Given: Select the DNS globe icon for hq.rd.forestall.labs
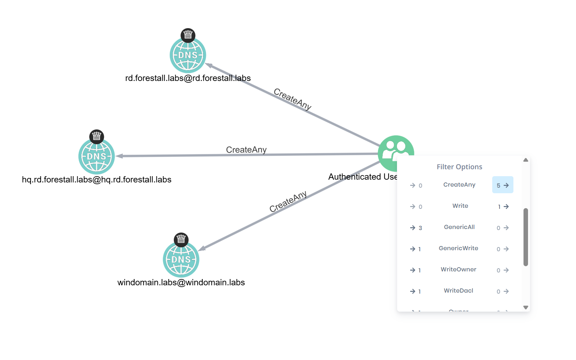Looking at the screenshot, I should (96, 156).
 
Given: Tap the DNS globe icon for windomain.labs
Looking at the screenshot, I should (181, 259).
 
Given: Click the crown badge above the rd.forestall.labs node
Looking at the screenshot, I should (188, 35).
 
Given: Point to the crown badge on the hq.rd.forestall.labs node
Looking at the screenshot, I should (97, 137).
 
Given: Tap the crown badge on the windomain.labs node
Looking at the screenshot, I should (181, 239).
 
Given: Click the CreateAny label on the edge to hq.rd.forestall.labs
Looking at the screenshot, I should (246, 150).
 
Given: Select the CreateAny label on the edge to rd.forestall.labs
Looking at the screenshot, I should (292, 99).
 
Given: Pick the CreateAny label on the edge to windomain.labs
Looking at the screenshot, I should (288, 201).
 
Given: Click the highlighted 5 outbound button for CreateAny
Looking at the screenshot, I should (503, 185).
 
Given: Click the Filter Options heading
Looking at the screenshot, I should (459, 167).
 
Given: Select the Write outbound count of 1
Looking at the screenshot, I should (503, 206).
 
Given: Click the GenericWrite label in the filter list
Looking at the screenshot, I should (458, 248).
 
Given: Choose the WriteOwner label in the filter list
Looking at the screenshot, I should (458, 269).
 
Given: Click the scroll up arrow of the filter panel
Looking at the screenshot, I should (526, 160).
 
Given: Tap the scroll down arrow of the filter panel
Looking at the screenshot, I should (526, 307).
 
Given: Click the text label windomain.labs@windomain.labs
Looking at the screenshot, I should (181, 283).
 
